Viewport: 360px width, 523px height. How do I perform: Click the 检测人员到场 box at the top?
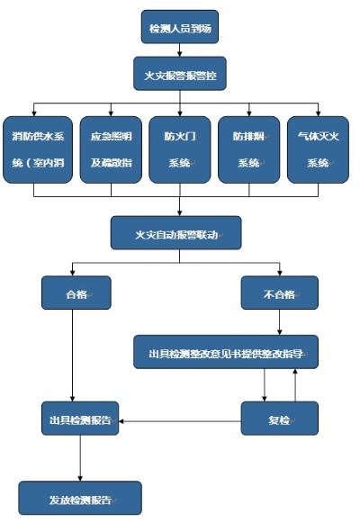tap(180, 27)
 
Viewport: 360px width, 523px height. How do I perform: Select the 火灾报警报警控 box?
tap(180, 74)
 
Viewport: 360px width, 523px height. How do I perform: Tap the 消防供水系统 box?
tap(35, 150)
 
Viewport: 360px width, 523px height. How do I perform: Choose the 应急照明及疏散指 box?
tap(111, 150)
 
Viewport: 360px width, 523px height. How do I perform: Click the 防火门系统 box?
tap(180, 150)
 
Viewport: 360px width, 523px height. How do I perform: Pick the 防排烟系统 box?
tap(248, 150)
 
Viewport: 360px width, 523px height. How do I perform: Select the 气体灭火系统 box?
tap(318, 150)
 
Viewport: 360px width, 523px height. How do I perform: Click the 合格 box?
tap(76, 293)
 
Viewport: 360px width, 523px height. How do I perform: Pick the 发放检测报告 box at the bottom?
tap(81, 498)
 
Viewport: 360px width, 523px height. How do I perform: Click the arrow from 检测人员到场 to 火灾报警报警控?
tap(180, 50)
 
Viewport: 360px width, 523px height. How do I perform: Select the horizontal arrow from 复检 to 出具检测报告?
tap(181, 419)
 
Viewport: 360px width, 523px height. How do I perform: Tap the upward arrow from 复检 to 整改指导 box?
tap(294, 385)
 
